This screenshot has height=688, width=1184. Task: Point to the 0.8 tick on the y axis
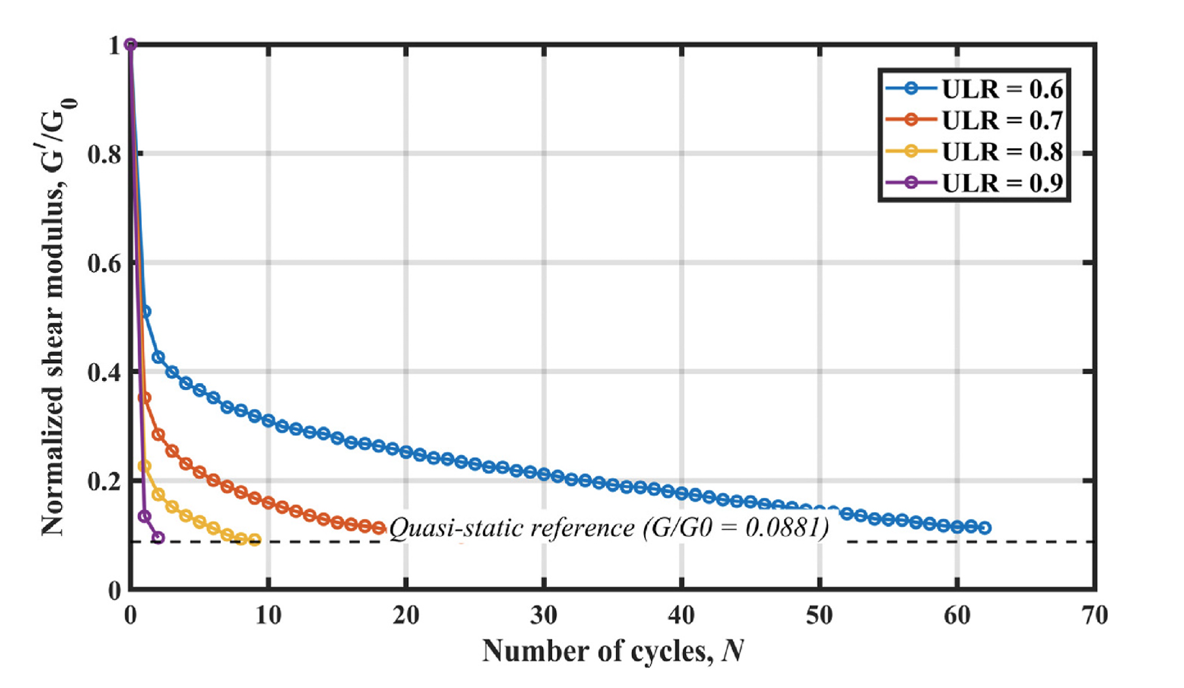(104, 154)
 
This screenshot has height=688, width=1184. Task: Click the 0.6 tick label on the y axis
(104, 264)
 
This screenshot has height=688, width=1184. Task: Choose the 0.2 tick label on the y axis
(104, 482)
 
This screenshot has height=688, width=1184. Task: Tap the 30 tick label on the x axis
(543, 615)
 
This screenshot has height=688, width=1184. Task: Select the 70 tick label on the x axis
(1094, 615)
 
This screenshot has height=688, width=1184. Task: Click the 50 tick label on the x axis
(819, 615)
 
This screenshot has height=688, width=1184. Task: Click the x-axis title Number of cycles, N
(613, 651)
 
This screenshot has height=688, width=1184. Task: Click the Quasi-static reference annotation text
(609, 528)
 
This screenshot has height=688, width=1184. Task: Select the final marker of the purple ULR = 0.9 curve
(158, 537)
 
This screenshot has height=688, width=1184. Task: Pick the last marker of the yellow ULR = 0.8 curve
(255, 540)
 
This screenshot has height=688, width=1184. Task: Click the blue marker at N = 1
(145, 312)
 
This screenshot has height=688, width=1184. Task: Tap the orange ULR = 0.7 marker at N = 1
(145, 398)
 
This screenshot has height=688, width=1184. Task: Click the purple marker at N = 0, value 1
(131, 45)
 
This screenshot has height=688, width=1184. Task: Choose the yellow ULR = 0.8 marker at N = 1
(144, 466)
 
